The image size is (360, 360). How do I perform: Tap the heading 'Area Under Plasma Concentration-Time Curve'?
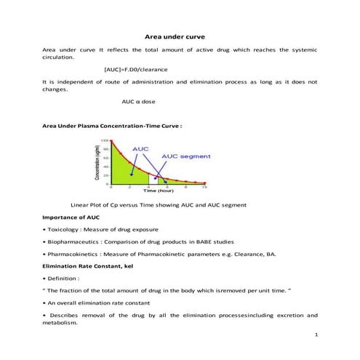(111, 126)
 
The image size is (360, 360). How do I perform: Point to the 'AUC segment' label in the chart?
(185, 156)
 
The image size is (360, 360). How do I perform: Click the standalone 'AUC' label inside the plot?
(140, 148)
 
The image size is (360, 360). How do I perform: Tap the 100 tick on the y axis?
(104, 140)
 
